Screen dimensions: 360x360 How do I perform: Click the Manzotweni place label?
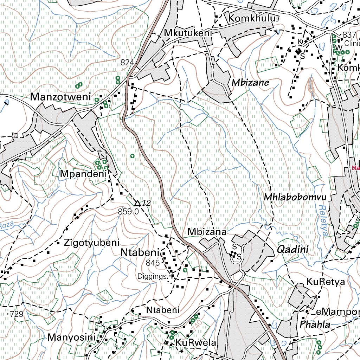(60, 97)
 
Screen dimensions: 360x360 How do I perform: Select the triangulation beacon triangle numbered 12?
(137, 203)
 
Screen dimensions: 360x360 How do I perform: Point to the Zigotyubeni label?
(92, 243)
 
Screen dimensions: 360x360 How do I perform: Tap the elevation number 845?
(153, 263)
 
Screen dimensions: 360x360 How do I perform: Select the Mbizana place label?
(207, 232)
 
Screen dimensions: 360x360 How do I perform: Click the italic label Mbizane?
(250, 83)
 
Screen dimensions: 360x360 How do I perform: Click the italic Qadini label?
(292, 250)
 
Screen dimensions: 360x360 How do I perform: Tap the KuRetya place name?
(326, 282)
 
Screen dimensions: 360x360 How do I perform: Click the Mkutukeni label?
(188, 33)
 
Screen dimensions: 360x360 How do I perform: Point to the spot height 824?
(127, 63)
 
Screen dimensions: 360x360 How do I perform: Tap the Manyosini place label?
(72, 338)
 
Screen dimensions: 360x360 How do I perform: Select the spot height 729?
(16, 314)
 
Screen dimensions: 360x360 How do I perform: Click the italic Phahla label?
(315, 324)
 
